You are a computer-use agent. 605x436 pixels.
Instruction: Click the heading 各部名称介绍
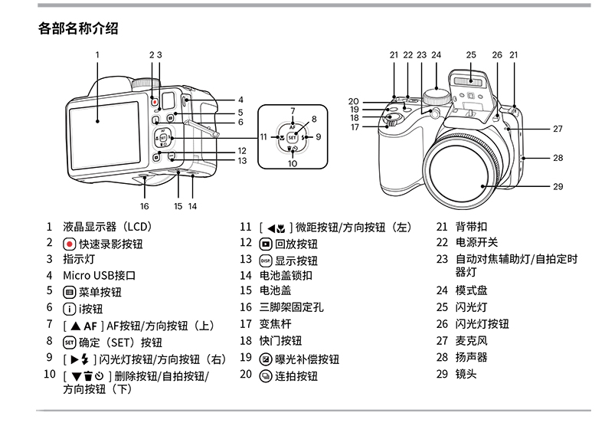click(x=78, y=29)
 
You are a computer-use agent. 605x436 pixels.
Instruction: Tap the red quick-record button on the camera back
click(x=154, y=101)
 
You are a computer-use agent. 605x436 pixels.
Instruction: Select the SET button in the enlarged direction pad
click(x=292, y=137)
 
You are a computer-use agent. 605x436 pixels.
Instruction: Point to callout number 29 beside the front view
click(x=558, y=186)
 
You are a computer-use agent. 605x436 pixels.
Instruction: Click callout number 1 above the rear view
click(x=98, y=54)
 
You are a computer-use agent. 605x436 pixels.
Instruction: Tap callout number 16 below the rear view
click(x=144, y=206)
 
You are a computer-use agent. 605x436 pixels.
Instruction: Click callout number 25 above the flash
click(x=471, y=54)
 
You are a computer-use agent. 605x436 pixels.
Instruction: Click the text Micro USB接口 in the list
click(x=99, y=275)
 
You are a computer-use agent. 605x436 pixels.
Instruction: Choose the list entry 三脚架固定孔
click(x=292, y=307)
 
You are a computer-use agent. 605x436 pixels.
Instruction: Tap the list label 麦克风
click(x=471, y=341)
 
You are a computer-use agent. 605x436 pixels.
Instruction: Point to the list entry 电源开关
click(x=476, y=243)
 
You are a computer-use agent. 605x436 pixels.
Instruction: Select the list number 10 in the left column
click(x=49, y=375)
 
